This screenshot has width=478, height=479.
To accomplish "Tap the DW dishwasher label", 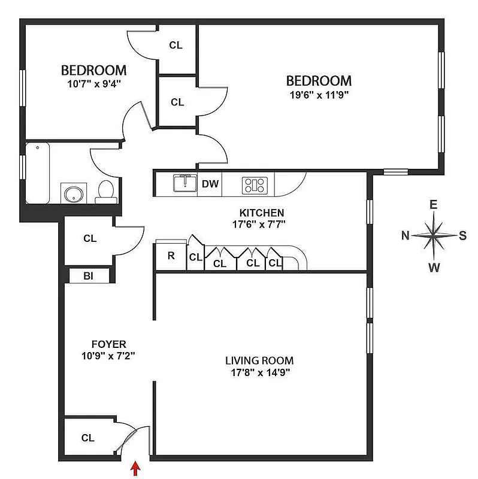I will tap(210, 184).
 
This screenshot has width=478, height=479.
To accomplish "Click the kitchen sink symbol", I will tap(184, 182).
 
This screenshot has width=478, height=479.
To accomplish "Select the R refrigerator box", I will tap(171, 256).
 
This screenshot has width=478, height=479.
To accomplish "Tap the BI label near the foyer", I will tap(88, 275).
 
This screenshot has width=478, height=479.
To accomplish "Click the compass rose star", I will tap(434, 235).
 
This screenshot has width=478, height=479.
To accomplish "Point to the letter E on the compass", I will tap(434, 205).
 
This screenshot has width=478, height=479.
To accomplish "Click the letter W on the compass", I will tap(434, 267).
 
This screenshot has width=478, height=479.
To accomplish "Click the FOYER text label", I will tap(108, 344).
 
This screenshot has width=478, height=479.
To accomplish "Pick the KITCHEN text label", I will tap(261, 213).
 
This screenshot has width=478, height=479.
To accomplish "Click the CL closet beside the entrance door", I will tap(88, 438).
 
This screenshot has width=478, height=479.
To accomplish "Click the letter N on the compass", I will tap(406, 235).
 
